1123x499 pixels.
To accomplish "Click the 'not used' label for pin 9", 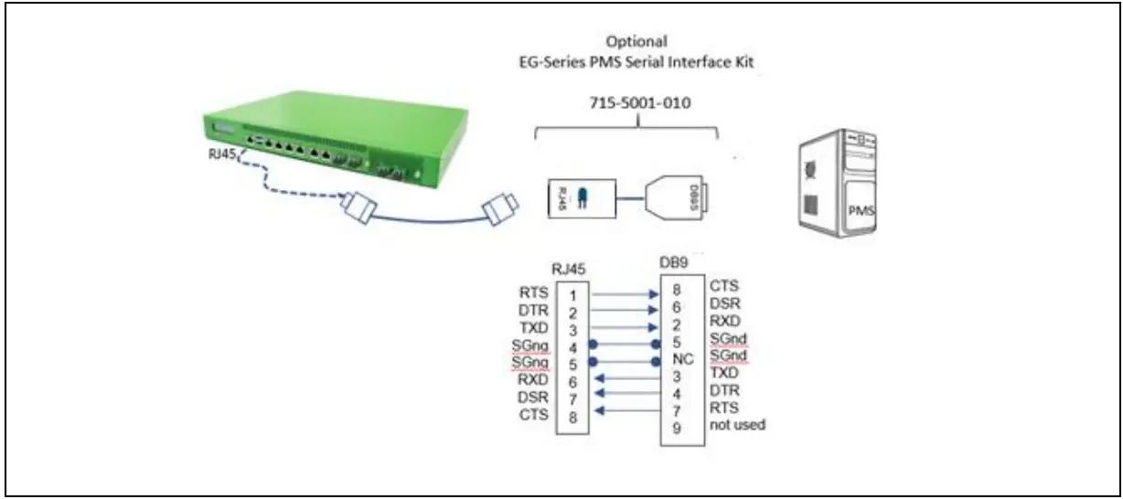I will [737, 425].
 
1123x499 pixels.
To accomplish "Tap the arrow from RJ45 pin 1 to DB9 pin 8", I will [625, 294].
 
